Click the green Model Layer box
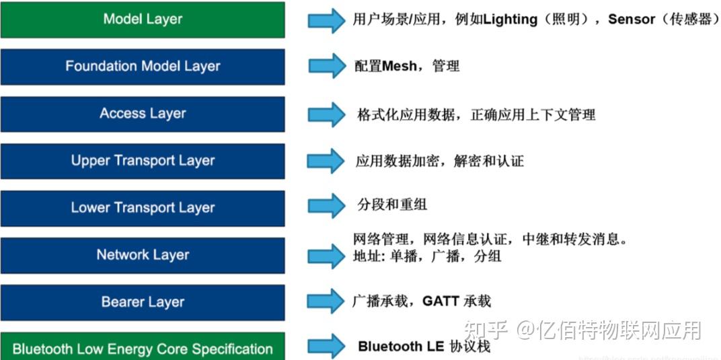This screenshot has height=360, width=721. (x=143, y=20)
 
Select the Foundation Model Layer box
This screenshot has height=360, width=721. (x=143, y=67)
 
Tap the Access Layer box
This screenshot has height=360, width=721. (x=143, y=114)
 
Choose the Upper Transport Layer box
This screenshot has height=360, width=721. (x=143, y=161)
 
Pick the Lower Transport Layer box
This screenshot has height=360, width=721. (x=143, y=208)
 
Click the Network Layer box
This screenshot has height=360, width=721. (x=143, y=255)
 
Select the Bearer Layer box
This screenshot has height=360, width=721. (x=143, y=302)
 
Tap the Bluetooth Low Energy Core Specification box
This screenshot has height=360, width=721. (x=143, y=348)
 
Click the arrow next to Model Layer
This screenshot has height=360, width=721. (x=326, y=20)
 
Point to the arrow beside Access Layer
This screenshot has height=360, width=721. (x=326, y=113)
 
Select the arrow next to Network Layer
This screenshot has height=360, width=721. (x=326, y=256)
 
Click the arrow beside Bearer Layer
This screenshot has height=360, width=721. (x=326, y=301)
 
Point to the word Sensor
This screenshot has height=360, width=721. (x=631, y=20)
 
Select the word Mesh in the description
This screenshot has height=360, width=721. (x=400, y=67)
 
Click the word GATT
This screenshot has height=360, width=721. (x=441, y=301)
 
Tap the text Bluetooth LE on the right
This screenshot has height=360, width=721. (x=400, y=347)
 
